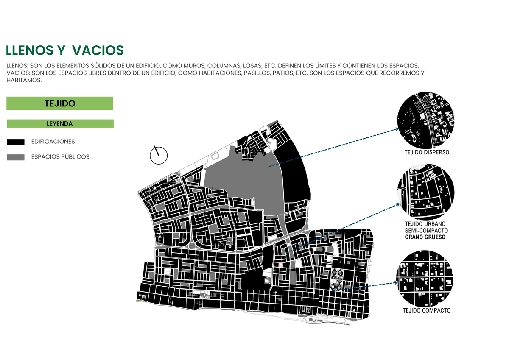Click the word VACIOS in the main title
98,50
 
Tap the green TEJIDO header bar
60,103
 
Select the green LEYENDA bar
60,124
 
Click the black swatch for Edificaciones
16,142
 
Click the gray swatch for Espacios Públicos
16,157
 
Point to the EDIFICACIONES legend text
53,142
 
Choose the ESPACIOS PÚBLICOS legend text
60,157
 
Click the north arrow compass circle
159,156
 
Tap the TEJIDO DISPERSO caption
427,152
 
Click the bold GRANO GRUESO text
425,237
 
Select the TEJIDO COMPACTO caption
427,310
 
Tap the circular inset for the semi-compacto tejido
426,190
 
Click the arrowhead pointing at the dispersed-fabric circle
396,129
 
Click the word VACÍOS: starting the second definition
17,73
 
